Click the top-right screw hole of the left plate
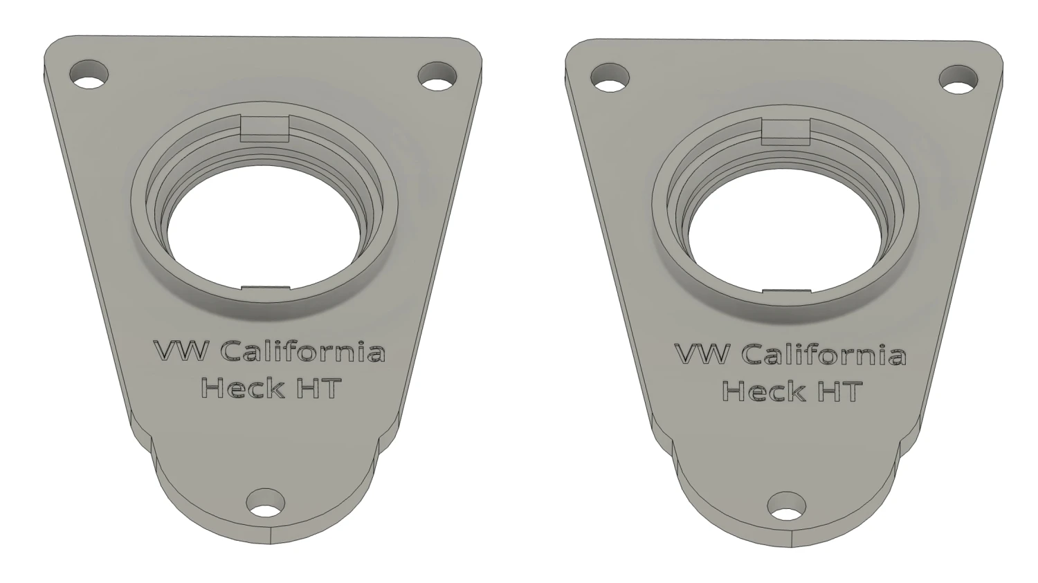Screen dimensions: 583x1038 (438, 76)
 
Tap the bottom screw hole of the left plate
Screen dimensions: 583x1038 (266, 503)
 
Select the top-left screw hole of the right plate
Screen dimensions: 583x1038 (611, 77)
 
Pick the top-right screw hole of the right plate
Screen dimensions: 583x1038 (958, 79)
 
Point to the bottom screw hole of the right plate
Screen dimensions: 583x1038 (787, 506)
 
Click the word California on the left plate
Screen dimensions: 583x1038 (302, 351)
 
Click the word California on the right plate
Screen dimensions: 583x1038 (823, 355)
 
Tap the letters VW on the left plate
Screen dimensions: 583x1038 (181, 351)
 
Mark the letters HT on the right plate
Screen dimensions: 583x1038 (839, 391)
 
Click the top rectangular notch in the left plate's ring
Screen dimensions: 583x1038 (264, 127)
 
